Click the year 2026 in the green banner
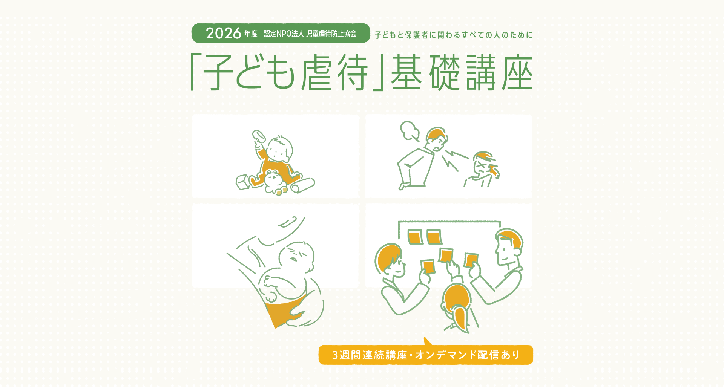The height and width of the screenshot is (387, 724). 223,33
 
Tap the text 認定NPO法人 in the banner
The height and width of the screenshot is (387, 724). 284,34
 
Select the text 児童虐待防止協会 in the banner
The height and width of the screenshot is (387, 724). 331,34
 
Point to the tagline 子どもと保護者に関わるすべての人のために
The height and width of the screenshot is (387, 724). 454,35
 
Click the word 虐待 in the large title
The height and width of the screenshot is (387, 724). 334,72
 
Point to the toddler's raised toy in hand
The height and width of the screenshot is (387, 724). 259,137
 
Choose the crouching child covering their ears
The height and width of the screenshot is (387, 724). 482,169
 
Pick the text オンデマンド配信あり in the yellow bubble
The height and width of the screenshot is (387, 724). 468,355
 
